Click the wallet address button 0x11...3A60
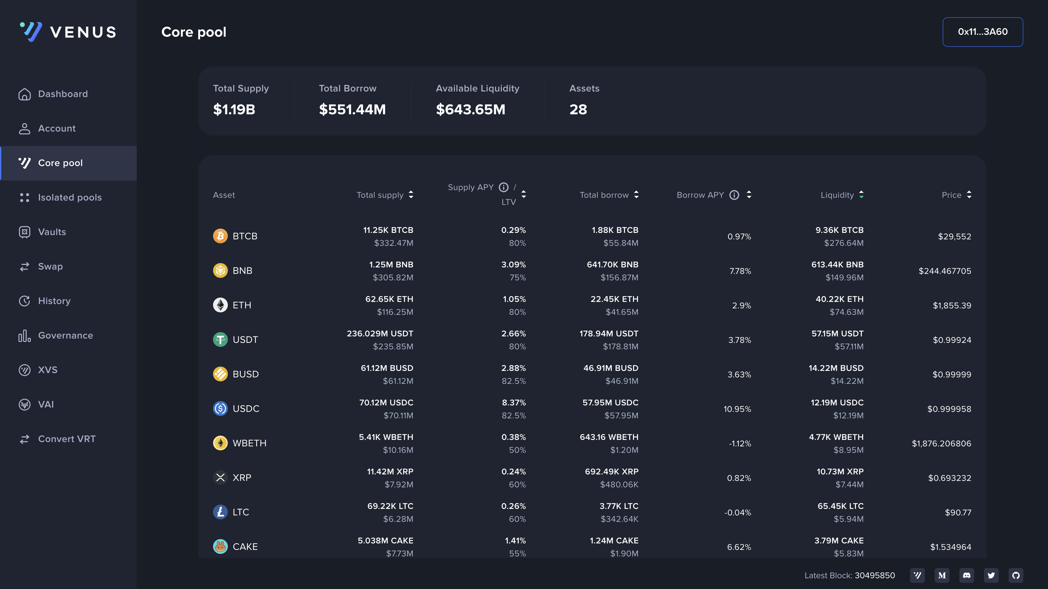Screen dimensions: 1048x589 pyautogui.click(x=982, y=32)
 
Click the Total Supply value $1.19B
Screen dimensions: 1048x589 pyautogui.click(x=234, y=109)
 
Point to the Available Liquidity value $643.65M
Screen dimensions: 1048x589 pyautogui.click(x=470, y=109)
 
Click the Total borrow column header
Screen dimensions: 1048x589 pyautogui.click(x=604, y=195)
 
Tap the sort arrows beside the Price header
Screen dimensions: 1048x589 pyautogui.click(x=969, y=195)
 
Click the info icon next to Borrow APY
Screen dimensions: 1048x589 pyautogui.click(x=734, y=195)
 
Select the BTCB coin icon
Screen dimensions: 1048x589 pyautogui.click(x=220, y=236)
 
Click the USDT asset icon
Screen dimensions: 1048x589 pyautogui.click(x=220, y=339)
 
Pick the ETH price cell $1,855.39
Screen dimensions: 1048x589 pyautogui.click(x=952, y=305)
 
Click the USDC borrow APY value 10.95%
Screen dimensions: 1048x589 pyautogui.click(x=737, y=409)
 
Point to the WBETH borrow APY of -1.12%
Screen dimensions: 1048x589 pyautogui.click(x=740, y=443)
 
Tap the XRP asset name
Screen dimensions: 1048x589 pyautogui.click(x=242, y=477)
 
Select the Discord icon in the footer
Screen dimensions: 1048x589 pyautogui.click(x=967, y=575)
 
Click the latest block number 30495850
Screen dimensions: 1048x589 pyautogui.click(x=875, y=575)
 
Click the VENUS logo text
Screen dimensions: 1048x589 pyautogui.click(x=83, y=32)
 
